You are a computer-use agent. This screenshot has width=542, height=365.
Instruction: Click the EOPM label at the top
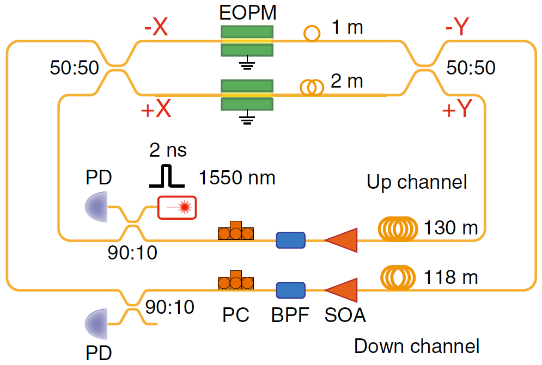click(x=246, y=11)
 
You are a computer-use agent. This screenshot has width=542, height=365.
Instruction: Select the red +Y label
click(x=456, y=110)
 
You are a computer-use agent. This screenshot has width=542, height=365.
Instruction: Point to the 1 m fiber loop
click(x=311, y=34)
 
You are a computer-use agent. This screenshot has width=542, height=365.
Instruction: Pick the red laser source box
click(x=177, y=207)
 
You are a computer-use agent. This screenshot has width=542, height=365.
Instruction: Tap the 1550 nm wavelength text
click(x=237, y=177)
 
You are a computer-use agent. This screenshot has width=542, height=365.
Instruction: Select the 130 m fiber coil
click(x=400, y=228)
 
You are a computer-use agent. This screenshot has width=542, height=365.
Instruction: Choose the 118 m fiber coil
click(x=400, y=277)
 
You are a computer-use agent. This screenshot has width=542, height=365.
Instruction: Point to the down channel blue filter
click(x=290, y=290)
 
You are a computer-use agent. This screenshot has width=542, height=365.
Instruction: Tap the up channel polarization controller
click(x=236, y=232)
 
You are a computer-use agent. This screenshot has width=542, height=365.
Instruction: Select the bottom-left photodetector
click(x=97, y=324)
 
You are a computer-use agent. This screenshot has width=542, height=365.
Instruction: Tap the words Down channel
click(x=417, y=346)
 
